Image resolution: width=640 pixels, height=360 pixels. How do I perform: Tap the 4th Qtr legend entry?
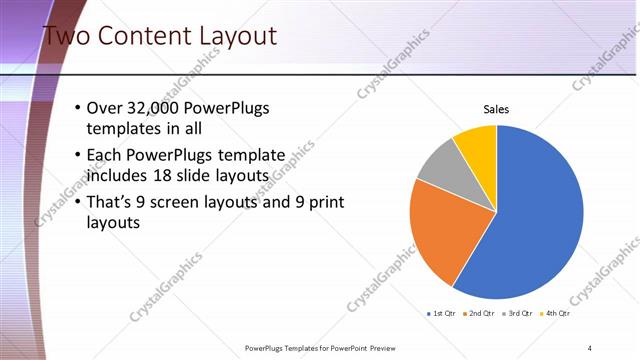[556, 313]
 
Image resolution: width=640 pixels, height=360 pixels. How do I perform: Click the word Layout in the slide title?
[232, 37]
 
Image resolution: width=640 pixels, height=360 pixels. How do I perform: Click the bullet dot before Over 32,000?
[79, 108]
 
